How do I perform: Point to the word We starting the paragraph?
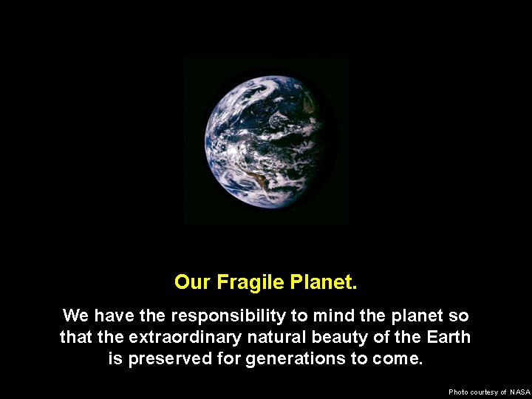(x=76, y=316)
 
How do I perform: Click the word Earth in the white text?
(x=449, y=338)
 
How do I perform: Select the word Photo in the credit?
(x=458, y=392)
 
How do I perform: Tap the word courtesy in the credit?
(x=488, y=392)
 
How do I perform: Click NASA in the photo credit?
(x=520, y=392)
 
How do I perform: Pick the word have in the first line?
(x=115, y=316)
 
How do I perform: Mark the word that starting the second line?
(x=75, y=338)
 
